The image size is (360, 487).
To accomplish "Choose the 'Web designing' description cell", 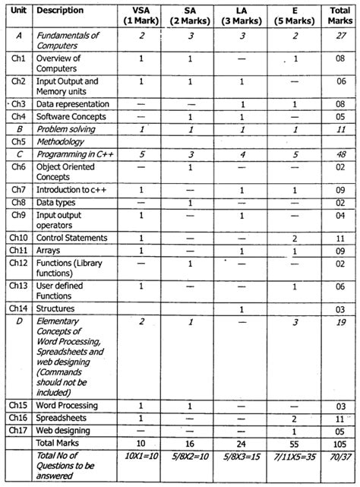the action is point(65,430).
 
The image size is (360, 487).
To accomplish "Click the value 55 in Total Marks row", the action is point(292,442).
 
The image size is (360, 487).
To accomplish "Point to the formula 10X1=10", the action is point(141,459).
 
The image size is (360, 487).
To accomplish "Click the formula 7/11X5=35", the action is point(292,459).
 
